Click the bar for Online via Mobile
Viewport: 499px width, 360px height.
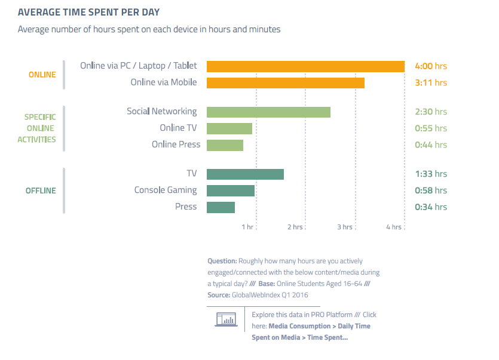click(x=285, y=82)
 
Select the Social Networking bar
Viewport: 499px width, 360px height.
click(x=268, y=112)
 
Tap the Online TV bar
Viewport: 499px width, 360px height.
click(x=229, y=128)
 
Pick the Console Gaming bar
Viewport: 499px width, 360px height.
click(x=231, y=190)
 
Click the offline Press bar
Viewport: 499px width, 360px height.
click(x=221, y=207)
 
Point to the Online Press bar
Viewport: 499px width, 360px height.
click(x=225, y=145)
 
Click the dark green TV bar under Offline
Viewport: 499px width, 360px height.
click(x=245, y=174)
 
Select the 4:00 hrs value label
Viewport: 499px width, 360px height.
click(x=430, y=66)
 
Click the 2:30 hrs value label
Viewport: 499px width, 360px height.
click(x=430, y=112)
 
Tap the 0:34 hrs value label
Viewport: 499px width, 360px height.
click(x=430, y=207)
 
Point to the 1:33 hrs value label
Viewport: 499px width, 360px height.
click(x=430, y=174)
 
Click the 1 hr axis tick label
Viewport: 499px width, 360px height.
click(x=247, y=227)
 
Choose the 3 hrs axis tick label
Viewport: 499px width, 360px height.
click(x=345, y=227)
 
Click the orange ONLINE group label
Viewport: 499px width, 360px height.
click(x=42, y=75)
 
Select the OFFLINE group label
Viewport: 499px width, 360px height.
click(x=41, y=190)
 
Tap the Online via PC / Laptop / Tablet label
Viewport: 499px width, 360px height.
click(x=138, y=66)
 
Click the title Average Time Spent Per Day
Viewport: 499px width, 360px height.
click(x=88, y=12)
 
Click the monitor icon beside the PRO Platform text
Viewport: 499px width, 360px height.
click(x=225, y=319)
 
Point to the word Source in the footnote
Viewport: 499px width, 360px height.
click(x=218, y=295)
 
